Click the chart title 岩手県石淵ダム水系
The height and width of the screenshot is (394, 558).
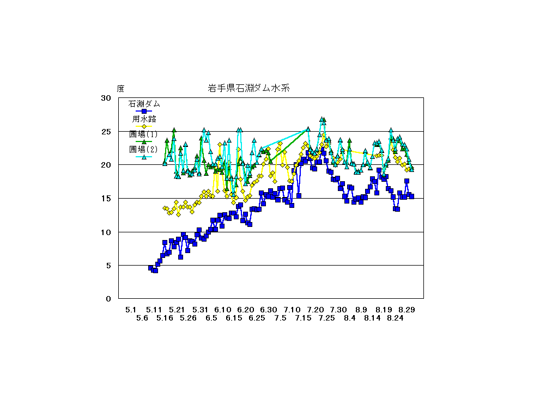pos(251,88)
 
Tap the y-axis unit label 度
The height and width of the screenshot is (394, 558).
pos(120,89)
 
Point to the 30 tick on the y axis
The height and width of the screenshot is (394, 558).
pos(106,98)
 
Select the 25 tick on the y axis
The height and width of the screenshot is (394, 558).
pos(106,132)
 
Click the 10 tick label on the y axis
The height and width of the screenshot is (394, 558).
pos(106,232)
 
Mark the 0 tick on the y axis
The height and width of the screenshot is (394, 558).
pos(108,299)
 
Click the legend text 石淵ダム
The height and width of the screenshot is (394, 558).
pos(144,103)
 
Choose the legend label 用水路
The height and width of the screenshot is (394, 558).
pos(144,119)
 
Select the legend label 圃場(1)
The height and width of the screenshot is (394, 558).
pos(143,134)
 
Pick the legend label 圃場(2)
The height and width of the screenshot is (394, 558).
pos(143,149)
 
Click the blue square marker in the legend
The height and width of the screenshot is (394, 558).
pos(144,111)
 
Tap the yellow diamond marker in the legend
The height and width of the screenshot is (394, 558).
pos(144,126)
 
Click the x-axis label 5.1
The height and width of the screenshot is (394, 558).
pos(131,310)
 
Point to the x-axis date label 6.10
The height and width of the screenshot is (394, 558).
pos(223,310)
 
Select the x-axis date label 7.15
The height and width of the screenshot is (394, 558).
pos(304,318)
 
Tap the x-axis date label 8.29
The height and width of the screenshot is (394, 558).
pos(407,310)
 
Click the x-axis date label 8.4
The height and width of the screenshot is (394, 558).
pos(350,318)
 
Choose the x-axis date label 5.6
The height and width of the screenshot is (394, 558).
pos(142,318)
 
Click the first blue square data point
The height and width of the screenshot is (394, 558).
pos(151,268)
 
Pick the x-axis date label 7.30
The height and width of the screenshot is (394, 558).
pos(338,310)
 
